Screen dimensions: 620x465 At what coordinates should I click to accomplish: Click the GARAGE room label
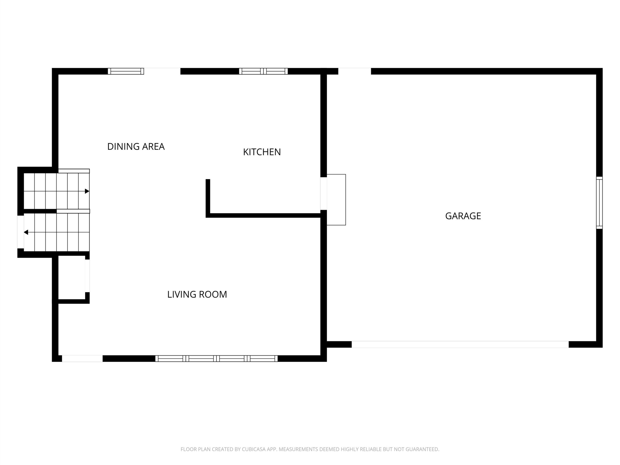(463, 216)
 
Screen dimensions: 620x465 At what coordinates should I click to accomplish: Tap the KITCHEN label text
(262, 152)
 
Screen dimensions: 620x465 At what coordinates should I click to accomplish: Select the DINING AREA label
(136, 147)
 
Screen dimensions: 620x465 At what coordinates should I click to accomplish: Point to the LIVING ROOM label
(197, 294)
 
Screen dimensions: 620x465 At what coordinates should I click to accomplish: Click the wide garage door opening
(460, 344)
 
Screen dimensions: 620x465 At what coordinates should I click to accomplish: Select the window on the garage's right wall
(599, 203)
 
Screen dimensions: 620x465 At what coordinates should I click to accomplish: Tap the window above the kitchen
(263, 71)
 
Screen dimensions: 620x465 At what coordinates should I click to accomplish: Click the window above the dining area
(126, 71)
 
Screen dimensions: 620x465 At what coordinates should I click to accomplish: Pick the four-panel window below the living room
(216, 358)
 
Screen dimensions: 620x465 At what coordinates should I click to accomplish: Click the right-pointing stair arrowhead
(87, 191)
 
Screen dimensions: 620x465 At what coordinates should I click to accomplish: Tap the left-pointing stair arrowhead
(26, 232)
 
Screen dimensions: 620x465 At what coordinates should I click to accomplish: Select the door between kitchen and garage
(324, 194)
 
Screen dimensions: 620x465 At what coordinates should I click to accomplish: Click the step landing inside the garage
(336, 200)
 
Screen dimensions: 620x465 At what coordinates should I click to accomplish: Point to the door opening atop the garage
(355, 71)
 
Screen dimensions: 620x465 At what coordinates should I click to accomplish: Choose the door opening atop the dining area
(162, 71)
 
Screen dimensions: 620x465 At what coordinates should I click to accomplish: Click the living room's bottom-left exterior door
(82, 358)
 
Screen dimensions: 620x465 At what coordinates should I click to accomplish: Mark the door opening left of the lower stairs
(20, 232)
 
